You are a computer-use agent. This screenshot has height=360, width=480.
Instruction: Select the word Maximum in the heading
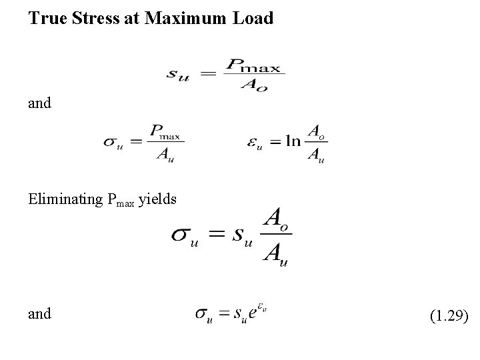(x=173, y=18)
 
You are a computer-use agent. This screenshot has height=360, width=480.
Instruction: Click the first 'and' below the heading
(x=39, y=103)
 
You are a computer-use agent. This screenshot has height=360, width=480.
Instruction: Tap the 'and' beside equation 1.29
(x=39, y=313)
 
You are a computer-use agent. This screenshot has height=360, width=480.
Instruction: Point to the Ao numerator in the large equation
(x=275, y=219)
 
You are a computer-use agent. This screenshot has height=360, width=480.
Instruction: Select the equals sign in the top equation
(x=208, y=75)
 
